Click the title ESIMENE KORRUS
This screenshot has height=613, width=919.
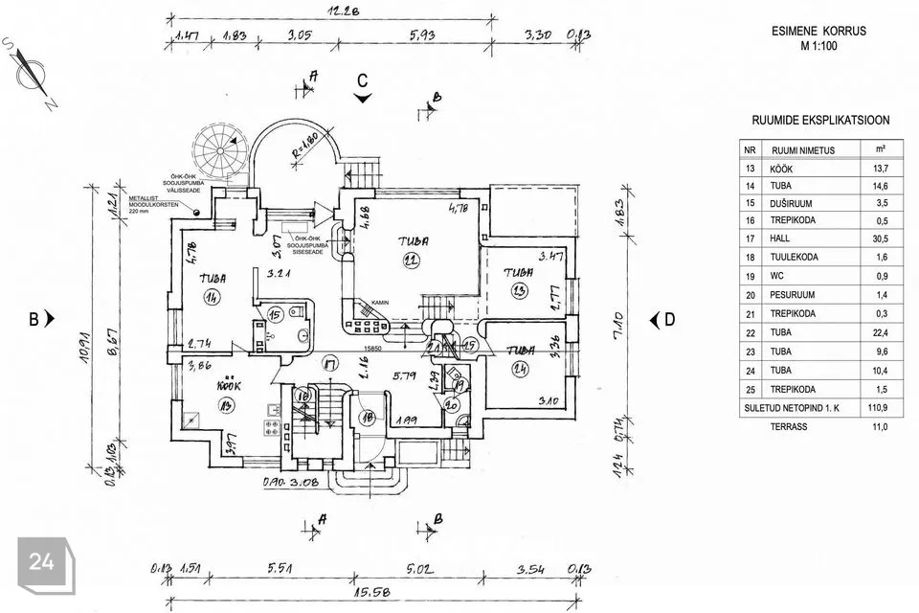pyautogui.click(x=818, y=31)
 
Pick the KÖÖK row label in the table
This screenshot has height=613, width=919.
pyautogui.click(x=783, y=168)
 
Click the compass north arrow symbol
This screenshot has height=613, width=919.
pyautogui.click(x=36, y=74)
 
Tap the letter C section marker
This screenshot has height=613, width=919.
pyautogui.click(x=363, y=81)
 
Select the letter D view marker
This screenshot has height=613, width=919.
pyautogui.click(x=669, y=320)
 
